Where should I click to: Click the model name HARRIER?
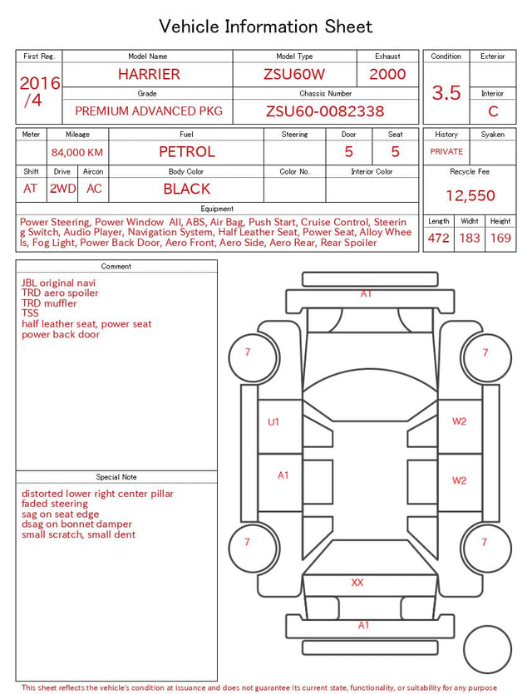[149, 74]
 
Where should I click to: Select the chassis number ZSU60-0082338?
[325, 111]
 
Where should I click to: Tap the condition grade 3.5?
[446, 93]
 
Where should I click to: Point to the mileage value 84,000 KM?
[77, 153]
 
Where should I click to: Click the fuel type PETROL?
[187, 152]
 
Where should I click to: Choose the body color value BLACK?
[187, 189]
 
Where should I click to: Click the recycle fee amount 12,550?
[470, 195]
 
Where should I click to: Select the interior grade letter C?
[493, 111]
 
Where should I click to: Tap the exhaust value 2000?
[387, 74]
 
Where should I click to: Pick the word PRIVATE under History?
[446, 151]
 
